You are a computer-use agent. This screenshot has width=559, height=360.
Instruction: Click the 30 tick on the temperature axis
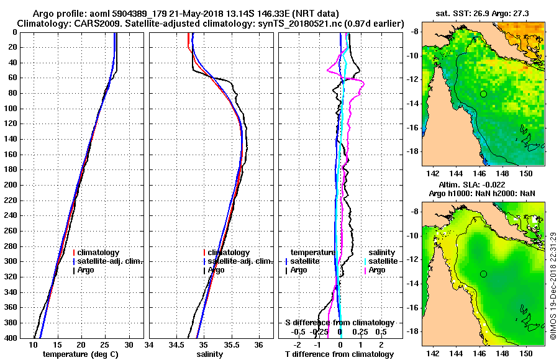click(129, 345)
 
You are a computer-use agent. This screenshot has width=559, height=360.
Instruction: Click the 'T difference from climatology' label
click(339, 354)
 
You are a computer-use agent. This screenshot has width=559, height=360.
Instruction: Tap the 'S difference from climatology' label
click(339, 323)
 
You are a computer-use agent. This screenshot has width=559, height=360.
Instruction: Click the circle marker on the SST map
click(483, 94)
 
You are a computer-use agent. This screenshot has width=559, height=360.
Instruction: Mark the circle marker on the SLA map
click(483, 274)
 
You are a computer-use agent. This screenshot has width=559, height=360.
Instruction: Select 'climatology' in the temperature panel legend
click(99, 253)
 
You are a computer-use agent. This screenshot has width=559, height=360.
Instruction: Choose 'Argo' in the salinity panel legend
click(216, 270)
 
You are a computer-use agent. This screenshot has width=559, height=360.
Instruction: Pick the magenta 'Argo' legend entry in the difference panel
click(377, 270)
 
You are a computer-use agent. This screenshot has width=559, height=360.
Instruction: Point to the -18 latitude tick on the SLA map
click(412, 331)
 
